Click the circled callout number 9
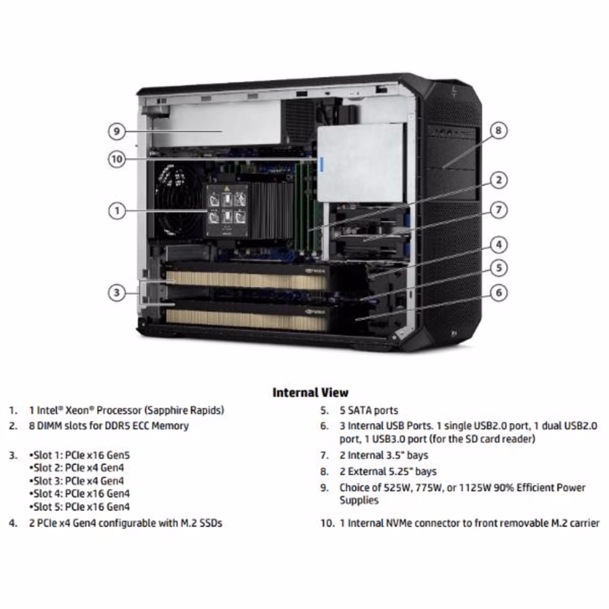117,131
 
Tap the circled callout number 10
117,159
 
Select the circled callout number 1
117,211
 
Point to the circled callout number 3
117,293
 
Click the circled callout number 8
499,130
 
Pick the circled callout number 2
499,180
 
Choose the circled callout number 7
499,210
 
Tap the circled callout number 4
499,244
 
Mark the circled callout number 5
499,268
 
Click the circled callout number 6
499,293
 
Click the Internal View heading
310,393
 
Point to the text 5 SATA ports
369,410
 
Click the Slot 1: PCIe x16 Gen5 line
80,455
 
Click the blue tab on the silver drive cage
321,165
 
